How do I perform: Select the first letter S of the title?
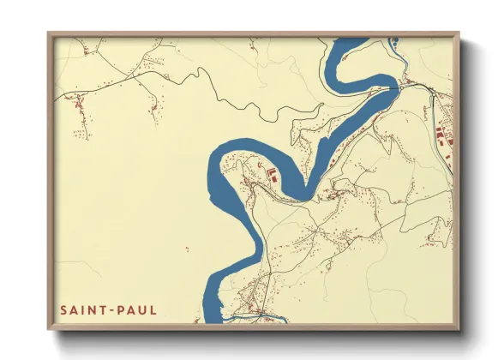63,309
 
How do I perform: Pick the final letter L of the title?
153,309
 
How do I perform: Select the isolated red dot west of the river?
187,250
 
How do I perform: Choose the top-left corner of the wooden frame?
49,33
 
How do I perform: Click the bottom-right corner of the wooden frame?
458,329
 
